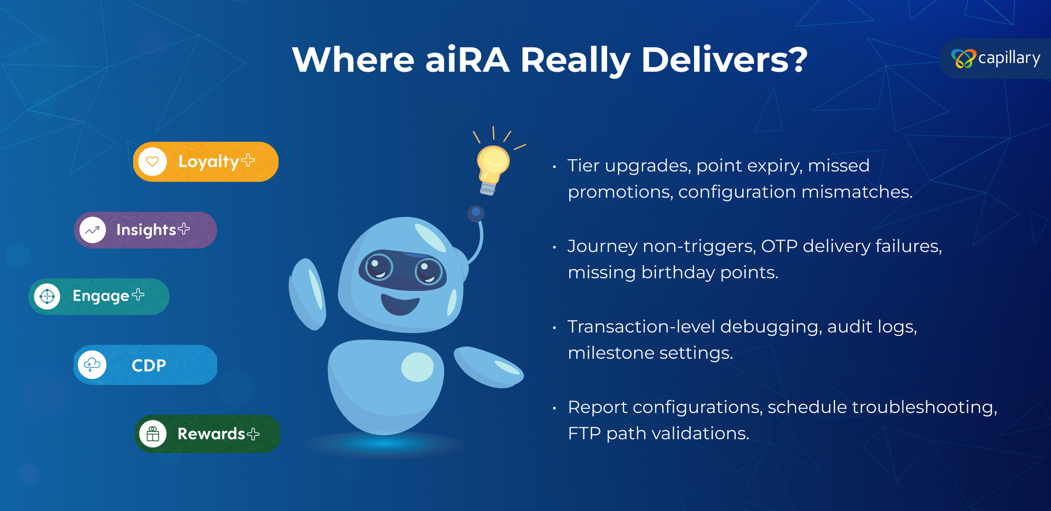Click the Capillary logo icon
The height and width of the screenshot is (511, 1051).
[963, 59]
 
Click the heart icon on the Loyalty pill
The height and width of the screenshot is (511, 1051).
[152, 162]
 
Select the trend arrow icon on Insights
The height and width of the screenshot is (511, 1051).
[93, 230]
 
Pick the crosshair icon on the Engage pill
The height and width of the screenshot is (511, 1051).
[48, 297]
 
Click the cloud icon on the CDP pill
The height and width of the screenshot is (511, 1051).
[92, 364]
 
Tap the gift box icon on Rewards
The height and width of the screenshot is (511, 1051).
[153, 434]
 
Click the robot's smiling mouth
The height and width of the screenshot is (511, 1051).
[400, 304]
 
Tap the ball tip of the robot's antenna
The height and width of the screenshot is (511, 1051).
[476, 213]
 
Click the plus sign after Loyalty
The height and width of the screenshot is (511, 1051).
[248, 160]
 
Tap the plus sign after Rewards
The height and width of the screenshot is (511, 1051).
[253, 434]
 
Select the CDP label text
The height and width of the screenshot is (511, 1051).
[149, 365]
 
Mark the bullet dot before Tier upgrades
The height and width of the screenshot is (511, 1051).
[555, 166]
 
